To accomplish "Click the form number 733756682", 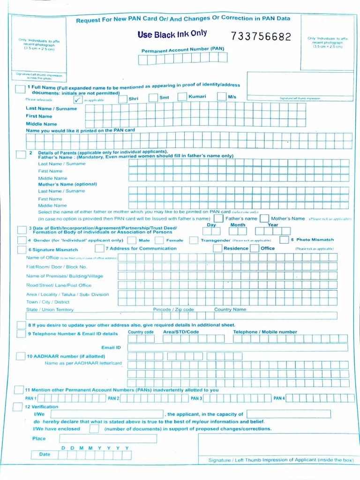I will [261, 37].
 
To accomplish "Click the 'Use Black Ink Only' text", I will [172, 34].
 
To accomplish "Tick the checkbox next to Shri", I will [123, 99].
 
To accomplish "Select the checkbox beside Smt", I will [153, 97].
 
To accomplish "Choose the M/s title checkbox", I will [222, 97].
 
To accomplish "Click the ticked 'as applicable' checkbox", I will [78, 99].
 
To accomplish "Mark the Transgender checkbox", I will [194, 240].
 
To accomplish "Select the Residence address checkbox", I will [217, 248].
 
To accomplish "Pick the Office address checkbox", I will [255, 248].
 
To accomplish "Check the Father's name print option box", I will [218, 218].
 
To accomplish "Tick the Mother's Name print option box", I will [264, 218].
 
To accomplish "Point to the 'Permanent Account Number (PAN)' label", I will [183, 49].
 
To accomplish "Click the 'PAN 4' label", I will [278, 398].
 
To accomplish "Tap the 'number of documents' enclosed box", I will [94, 428].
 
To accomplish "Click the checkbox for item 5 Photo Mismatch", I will [284, 240].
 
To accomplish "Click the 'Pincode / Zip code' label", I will [173, 309].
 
